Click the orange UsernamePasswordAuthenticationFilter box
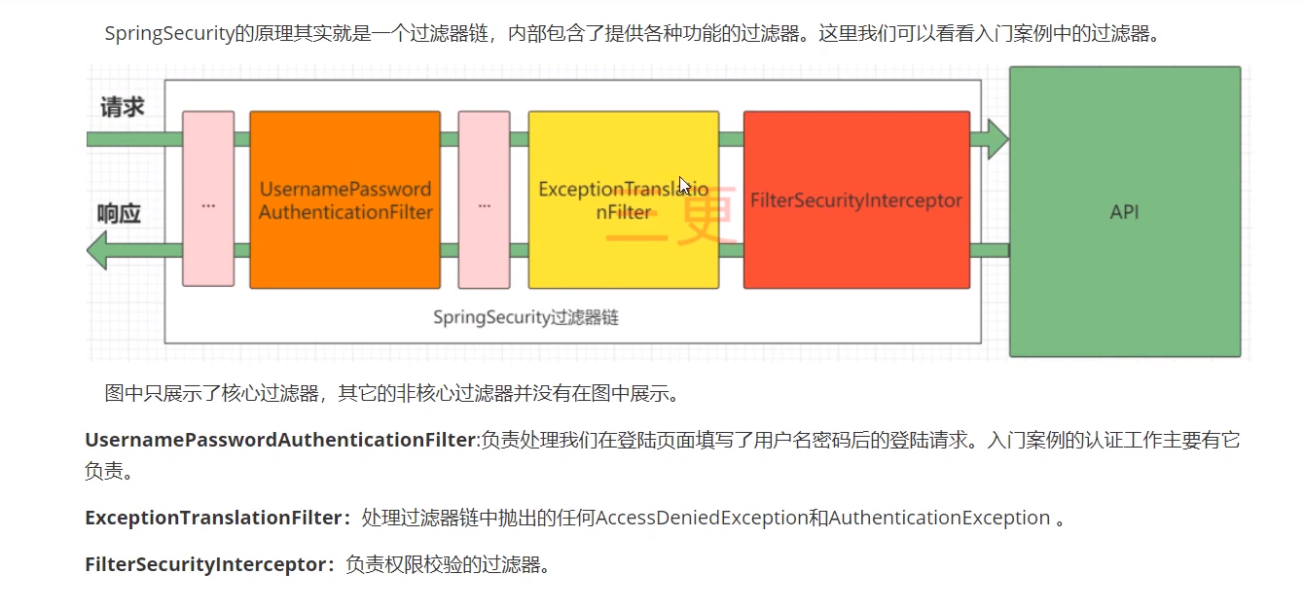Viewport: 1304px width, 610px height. pos(344,199)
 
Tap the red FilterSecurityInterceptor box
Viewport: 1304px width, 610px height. pos(856,200)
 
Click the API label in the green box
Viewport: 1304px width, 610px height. pos(1124,211)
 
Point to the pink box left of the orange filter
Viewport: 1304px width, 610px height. pos(208,199)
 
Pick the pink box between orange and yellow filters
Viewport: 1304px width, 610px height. pos(484,199)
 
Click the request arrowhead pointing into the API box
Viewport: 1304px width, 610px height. pos(995,139)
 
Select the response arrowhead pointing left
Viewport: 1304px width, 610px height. pos(98,250)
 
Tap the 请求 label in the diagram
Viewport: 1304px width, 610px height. pos(122,107)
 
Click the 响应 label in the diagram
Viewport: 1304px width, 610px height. pos(119,214)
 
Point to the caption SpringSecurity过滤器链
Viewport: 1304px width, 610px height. pos(525,317)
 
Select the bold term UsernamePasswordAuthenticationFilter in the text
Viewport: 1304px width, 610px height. pos(279,440)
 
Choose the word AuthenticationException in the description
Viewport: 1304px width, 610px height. pos(939,518)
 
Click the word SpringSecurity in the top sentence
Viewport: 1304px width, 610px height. pos(169,33)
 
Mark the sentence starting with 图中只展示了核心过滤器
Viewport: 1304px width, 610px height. pos(390,393)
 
